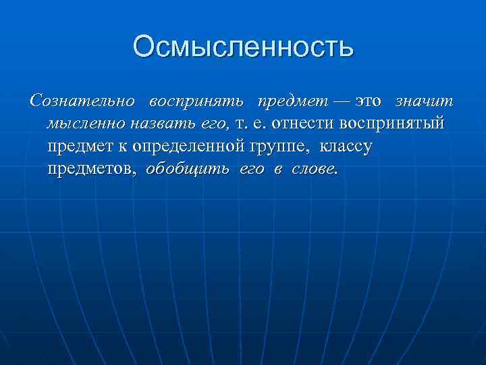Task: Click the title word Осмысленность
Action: pyautogui.click(x=243, y=47)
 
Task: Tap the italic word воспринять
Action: pyautogui.click(x=195, y=101)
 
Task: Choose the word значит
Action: pyautogui.click(x=425, y=101)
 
